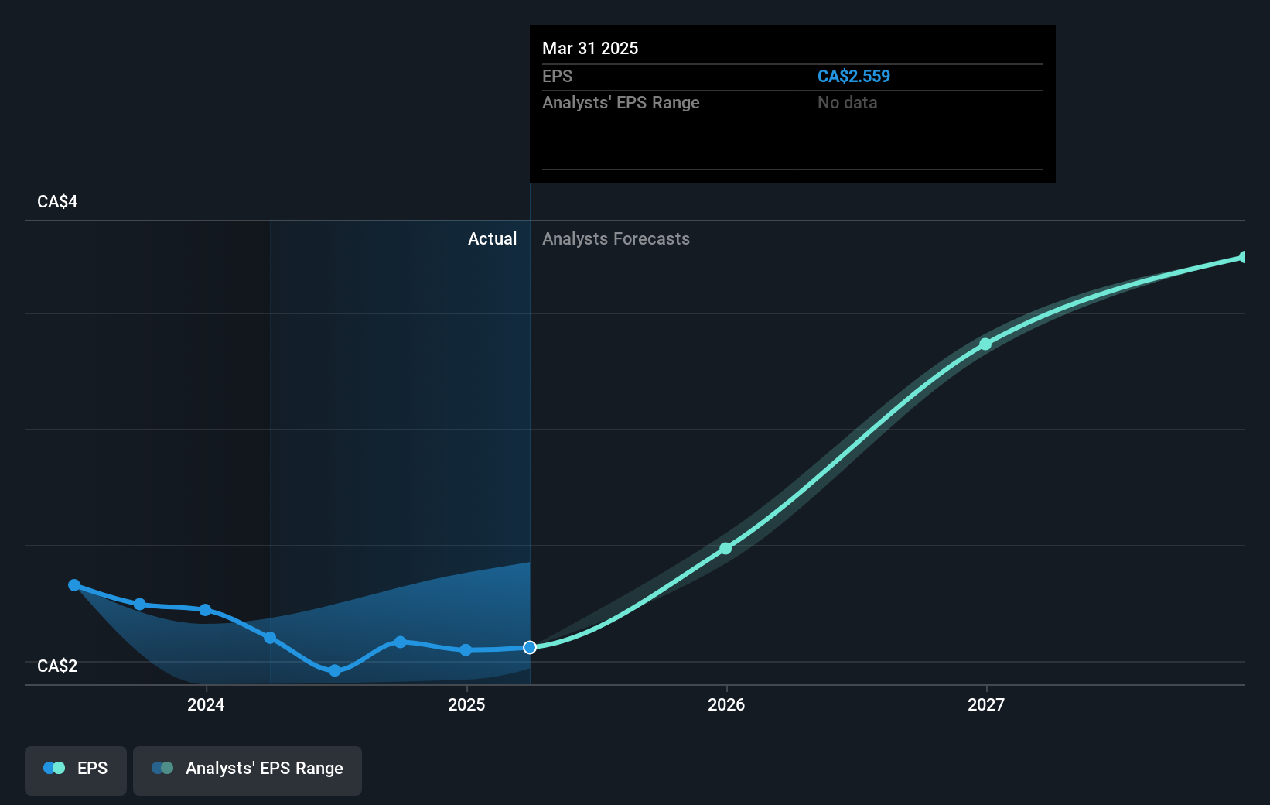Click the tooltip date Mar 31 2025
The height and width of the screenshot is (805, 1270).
click(590, 48)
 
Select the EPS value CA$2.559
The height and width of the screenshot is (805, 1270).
click(853, 76)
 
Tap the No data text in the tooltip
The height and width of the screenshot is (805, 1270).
click(847, 102)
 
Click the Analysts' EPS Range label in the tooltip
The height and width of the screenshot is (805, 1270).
click(620, 102)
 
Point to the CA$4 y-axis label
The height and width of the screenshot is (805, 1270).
click(57, 201)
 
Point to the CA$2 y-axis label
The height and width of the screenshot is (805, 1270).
click(57, 666)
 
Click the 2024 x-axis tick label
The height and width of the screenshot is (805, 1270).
click(206, 704)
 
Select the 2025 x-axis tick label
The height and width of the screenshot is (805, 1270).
click(466, 704)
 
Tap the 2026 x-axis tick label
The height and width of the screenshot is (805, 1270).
click(726, 704)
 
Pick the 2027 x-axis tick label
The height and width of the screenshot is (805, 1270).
click(986, 704)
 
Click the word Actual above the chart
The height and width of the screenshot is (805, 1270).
click(492, 238)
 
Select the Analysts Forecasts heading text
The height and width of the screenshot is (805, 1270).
click(616, 238)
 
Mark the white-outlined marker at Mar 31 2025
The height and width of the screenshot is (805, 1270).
click(530, 647)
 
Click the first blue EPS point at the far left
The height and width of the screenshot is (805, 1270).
click(74, 585)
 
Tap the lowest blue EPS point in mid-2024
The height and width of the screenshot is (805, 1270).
click(335, 670)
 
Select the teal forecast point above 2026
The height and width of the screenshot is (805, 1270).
click(725, 548)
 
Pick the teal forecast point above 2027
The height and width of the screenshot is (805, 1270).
click(985, 344)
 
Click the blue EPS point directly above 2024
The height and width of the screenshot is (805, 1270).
click(205, 610)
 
